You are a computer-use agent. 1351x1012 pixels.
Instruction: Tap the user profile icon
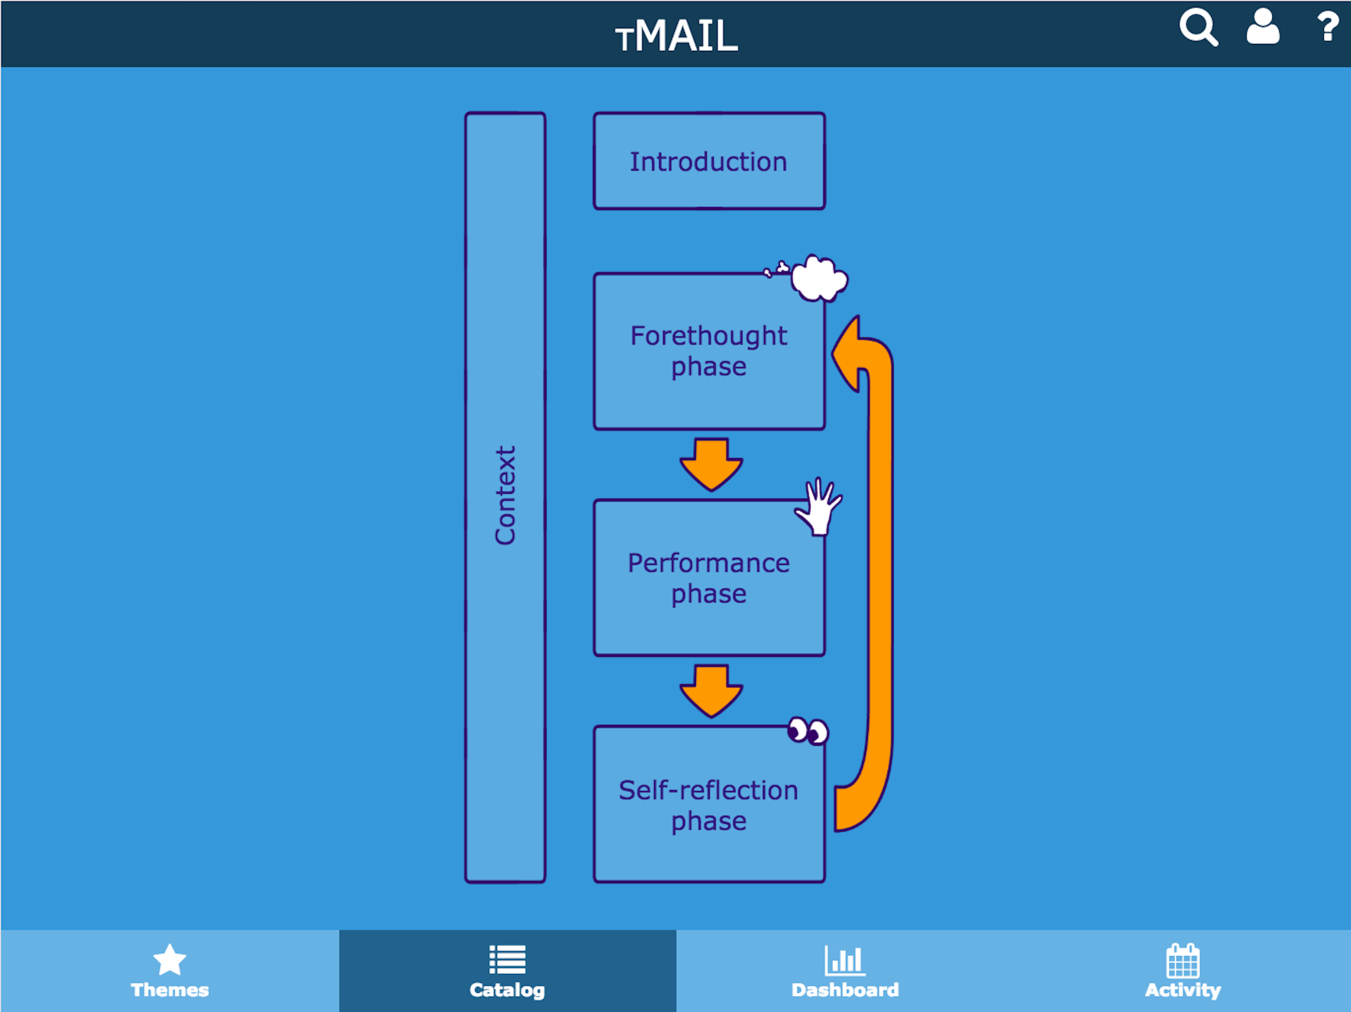coord(1262,27)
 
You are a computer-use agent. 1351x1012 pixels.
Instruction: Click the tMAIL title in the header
coord(676,36)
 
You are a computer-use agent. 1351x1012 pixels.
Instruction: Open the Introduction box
coord(709,161)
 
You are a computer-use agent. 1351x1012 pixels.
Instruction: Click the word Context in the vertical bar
coord(506,495)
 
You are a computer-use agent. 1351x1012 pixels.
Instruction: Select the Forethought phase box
coord(709,351)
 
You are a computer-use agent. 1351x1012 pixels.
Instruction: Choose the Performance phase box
coord(709,578)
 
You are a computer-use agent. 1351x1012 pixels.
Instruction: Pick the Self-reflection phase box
coord(709,804)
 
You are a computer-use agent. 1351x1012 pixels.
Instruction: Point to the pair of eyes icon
coord(808,731)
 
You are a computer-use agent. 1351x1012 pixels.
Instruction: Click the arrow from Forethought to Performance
coord(712,464)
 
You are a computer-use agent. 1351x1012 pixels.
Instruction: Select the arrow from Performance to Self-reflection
coord(712,690)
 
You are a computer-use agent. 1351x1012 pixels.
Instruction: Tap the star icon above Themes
coord(169,960)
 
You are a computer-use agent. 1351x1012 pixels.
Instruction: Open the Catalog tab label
coord(507,990)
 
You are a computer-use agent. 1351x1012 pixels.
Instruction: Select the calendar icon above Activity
coord(1183,961)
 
